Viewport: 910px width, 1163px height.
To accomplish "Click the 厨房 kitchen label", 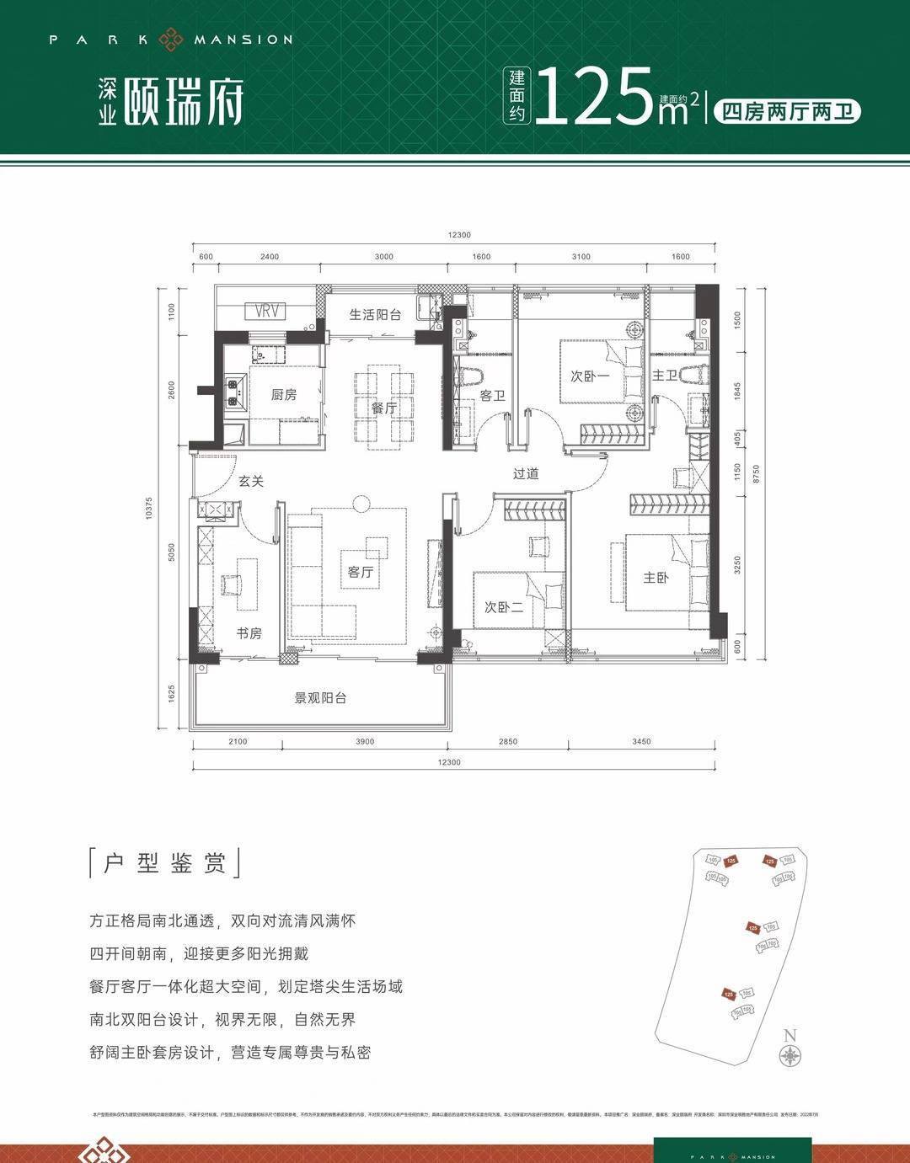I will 284,394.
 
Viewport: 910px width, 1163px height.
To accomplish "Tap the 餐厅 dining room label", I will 384,408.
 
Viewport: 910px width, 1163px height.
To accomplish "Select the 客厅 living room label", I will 361,572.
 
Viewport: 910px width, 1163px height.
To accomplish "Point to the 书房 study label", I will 249,633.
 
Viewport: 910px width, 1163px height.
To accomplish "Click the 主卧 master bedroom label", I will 656,578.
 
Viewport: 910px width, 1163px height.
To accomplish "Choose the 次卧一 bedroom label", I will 590,376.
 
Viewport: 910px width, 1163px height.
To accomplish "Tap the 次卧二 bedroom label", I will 504,606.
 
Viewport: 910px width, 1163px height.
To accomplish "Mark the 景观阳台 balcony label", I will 320,698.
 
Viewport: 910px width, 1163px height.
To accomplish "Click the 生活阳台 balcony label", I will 375,315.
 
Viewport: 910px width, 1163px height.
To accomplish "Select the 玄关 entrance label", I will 251,481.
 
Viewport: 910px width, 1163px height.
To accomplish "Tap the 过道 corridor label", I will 526,473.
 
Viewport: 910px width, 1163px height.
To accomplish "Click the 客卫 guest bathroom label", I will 492,395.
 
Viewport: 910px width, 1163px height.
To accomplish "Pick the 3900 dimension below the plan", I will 366,742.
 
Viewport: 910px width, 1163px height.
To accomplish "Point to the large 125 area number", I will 596,98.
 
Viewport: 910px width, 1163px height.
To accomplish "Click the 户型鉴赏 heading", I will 164,864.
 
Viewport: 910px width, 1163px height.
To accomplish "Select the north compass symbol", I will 790,1057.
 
